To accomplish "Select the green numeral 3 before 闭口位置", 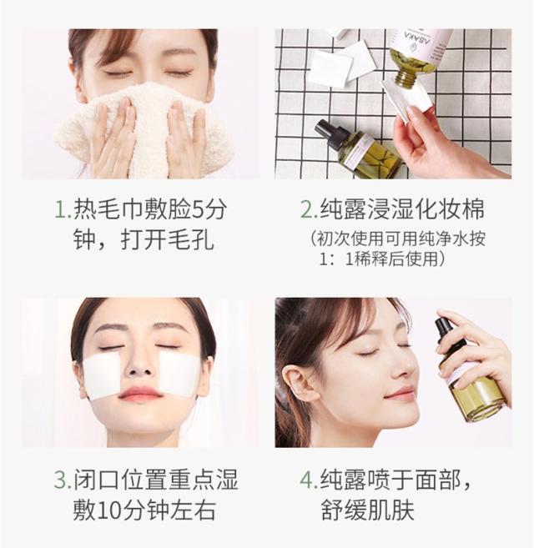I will click(x=60, y=480).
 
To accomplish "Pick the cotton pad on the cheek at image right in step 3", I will click(x=179, y=373).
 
